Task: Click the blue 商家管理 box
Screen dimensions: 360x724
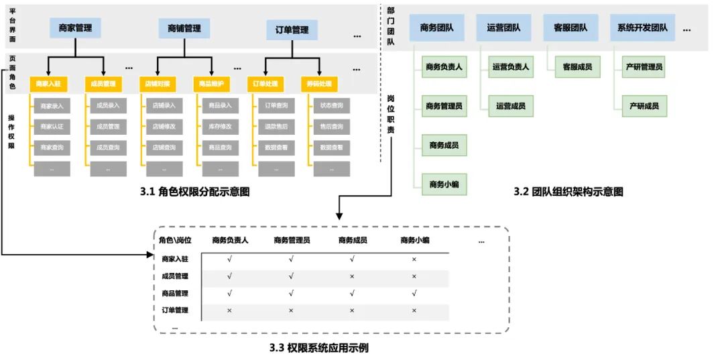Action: pos(75,28)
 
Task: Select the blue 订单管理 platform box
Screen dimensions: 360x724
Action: pos(292,30)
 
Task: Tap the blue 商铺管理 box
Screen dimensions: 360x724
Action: pos(184,28)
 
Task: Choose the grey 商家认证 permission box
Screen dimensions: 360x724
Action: pos(52,127)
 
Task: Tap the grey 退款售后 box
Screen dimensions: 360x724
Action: pos(276,127)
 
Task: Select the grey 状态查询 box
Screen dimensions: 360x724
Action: pos(331,106)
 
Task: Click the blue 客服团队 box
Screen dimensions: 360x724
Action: pos(570,28)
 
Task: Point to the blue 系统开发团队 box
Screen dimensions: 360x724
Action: pos(643,28)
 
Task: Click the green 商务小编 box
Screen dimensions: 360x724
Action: pos(444,184)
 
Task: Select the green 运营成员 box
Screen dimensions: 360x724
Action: pos(510,106)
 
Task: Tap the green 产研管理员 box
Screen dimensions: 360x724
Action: pos(644,67)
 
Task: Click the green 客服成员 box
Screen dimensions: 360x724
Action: pos(577,67)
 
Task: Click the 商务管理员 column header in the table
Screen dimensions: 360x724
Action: pos(291,241)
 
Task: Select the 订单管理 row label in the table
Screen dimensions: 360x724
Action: pos(175,310)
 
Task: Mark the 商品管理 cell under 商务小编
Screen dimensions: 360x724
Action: pos(414,293)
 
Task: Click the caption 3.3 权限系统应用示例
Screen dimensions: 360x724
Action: pos(318,348)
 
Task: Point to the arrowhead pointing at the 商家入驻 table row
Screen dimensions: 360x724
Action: pos(150,255)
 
